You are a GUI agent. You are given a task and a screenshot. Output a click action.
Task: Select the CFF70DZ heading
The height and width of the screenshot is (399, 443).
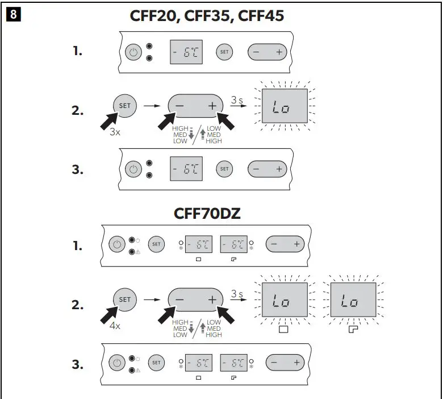pos(207,214)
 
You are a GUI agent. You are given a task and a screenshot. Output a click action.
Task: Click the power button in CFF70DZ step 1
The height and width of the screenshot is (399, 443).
pos(116,244)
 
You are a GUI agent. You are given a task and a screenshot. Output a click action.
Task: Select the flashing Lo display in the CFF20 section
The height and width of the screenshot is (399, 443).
pos(284,107)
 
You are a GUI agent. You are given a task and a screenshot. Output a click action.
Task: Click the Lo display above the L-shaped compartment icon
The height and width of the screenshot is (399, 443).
pos(352,302)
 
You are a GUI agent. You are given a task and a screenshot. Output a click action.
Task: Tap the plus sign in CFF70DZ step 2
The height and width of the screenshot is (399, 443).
pos(212,300)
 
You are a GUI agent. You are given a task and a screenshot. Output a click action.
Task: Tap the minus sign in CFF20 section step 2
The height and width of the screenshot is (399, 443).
pos(179,106)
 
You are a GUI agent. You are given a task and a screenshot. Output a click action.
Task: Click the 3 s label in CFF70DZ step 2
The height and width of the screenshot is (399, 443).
pos(237,294)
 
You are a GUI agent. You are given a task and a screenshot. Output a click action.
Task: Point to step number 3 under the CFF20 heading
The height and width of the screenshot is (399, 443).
pos(77,169)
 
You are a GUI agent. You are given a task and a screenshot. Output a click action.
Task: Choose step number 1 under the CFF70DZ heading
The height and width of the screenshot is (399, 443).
pos(77,246)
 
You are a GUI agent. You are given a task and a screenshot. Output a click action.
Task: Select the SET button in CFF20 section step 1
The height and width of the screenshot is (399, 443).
pos(224,52)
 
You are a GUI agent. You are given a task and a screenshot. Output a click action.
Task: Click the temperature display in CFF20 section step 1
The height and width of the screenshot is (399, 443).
pos(186,52)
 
